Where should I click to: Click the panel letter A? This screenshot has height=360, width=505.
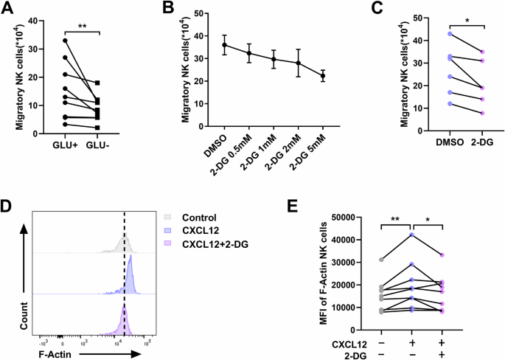10,9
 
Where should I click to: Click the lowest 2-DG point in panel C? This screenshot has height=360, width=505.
461,114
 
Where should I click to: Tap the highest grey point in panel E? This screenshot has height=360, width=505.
380,260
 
